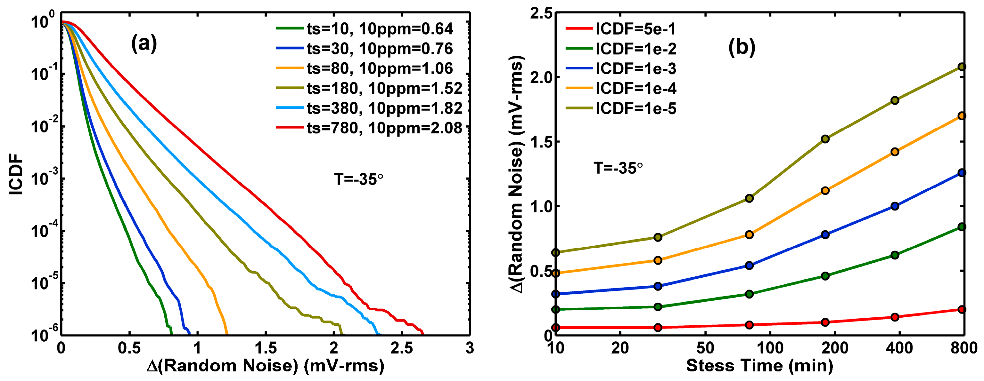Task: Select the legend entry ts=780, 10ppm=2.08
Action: tap(369, 128)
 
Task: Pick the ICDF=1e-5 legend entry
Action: tap(621, 109)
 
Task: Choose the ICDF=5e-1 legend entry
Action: tap(621, 28)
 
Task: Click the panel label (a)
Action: tap(144, 44)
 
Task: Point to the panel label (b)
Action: tap(742, 47)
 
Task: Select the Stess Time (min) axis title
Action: tap(759, 365)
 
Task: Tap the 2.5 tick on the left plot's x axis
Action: tap(401, 348)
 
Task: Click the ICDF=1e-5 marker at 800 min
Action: tap(962, 67)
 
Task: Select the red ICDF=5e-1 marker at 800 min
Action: tap(962, 309)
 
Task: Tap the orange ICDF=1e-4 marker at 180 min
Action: tap(825, 190)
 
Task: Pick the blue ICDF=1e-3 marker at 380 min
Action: tap(895, 206)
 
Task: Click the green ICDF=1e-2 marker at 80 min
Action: tap(749, 294)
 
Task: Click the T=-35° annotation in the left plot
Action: tap(359, 179)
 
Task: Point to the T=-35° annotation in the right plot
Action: tap(619, 168)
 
